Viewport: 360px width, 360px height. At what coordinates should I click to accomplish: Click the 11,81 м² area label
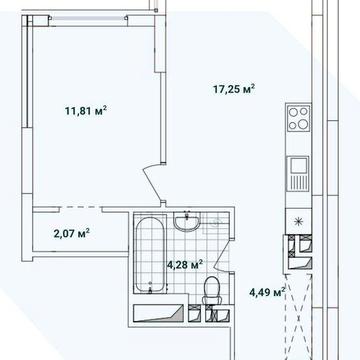(86, 111)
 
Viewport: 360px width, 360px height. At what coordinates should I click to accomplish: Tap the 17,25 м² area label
(234, 89)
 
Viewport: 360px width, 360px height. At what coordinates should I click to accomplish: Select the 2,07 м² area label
(72, 233)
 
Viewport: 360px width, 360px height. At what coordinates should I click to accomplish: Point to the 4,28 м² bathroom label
(185, 265)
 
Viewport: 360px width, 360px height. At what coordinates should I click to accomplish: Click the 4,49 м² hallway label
(267, 292)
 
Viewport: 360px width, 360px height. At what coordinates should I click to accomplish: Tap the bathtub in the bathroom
(150, 255)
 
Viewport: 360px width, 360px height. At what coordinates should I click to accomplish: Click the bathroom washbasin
(187, 221)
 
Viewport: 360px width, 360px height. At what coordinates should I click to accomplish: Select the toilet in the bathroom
(212, 290)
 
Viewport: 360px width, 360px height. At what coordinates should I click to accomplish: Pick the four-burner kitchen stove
(298, 118)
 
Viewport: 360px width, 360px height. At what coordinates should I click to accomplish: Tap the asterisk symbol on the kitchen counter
(299, 221)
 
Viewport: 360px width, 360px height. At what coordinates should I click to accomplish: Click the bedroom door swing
(153, 183)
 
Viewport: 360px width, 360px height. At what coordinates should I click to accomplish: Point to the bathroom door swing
(223, 256)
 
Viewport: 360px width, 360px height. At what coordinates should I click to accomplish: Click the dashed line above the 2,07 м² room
(81, 207)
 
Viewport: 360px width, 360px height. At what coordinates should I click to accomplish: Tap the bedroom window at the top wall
(88, 17)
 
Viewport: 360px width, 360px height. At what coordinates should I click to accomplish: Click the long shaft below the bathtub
(159, 313)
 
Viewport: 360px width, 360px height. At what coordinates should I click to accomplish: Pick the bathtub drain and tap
(150, 287)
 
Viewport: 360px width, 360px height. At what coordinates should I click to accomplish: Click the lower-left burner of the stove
(293, 125)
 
